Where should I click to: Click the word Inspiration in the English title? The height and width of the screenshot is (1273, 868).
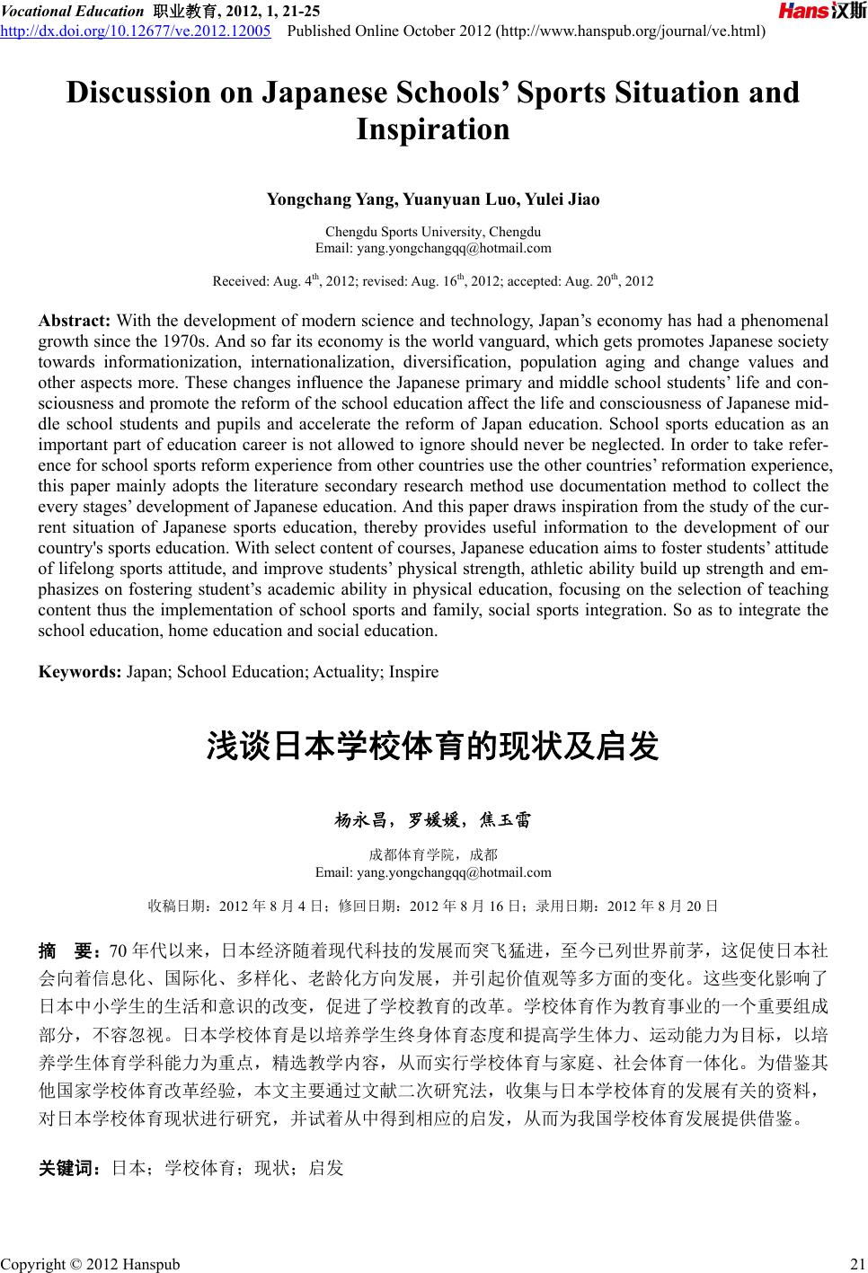[433, 129]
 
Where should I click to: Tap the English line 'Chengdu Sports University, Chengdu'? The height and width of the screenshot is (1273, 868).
[433, 231]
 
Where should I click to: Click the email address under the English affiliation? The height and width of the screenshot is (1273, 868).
[433, 248]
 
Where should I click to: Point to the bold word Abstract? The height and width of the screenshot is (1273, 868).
[75, 321]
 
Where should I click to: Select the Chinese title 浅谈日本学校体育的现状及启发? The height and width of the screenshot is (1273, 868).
[433, 747]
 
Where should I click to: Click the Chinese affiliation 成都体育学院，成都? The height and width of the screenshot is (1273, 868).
[433, 854]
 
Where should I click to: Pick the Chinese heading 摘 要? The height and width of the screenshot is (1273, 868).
[68, 951]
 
